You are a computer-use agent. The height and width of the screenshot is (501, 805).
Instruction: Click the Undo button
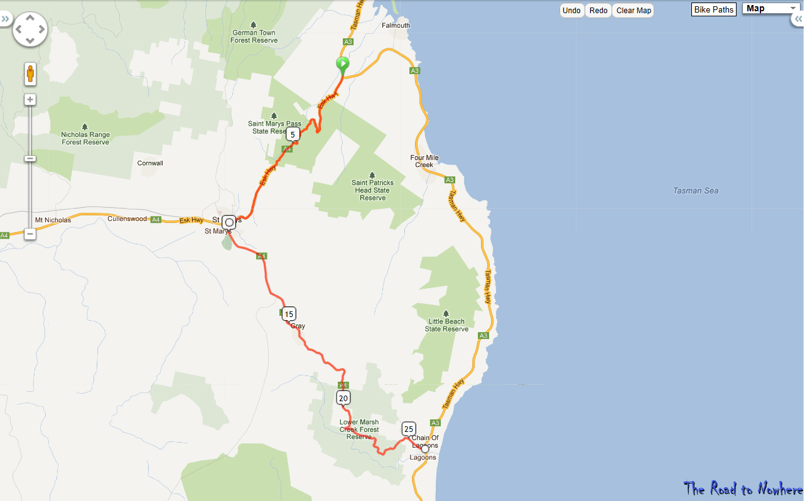coord(571,11)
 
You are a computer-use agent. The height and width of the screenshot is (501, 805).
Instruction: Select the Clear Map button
coord(634,11)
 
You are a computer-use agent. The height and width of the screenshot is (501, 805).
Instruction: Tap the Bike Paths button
coord(713,10)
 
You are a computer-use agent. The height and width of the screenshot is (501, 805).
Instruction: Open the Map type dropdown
coord(770,9)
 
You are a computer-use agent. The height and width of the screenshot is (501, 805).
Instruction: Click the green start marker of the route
coord(342,64)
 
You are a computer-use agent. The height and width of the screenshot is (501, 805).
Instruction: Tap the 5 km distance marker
coord(293,134)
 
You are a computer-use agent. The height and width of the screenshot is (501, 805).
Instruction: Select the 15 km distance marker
coord(288,314)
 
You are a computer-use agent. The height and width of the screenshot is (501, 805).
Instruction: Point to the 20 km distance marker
coord(343,397)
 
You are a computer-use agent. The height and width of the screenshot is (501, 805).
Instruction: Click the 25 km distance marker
coord(409,429)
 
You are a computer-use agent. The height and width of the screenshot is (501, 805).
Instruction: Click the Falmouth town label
coord(396,26)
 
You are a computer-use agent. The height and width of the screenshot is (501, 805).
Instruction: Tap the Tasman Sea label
coord(695,191)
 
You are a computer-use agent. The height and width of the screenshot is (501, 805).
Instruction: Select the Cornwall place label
coord(150,163)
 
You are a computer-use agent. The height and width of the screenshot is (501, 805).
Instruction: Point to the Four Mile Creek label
coord(424,161)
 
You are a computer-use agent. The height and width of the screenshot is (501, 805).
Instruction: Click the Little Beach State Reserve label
coord(446,325)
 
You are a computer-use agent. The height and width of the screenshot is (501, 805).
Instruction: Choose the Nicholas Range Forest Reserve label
coord(85,138)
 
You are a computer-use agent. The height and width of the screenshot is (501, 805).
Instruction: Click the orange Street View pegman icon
coord(30,73)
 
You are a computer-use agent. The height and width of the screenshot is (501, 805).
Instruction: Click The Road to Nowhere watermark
coord(743,488)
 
